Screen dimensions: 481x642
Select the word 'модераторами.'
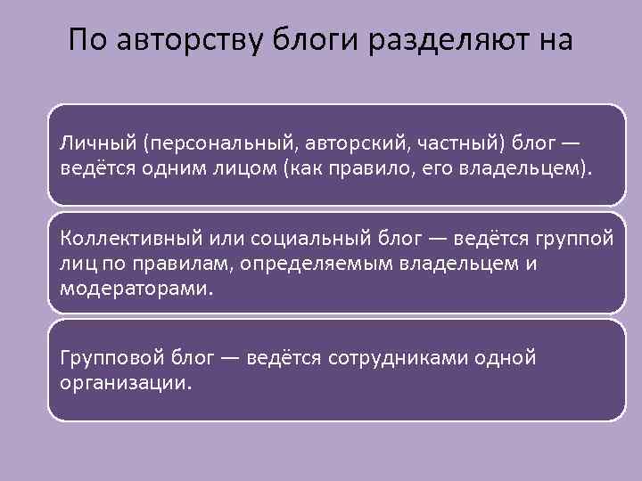137,289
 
